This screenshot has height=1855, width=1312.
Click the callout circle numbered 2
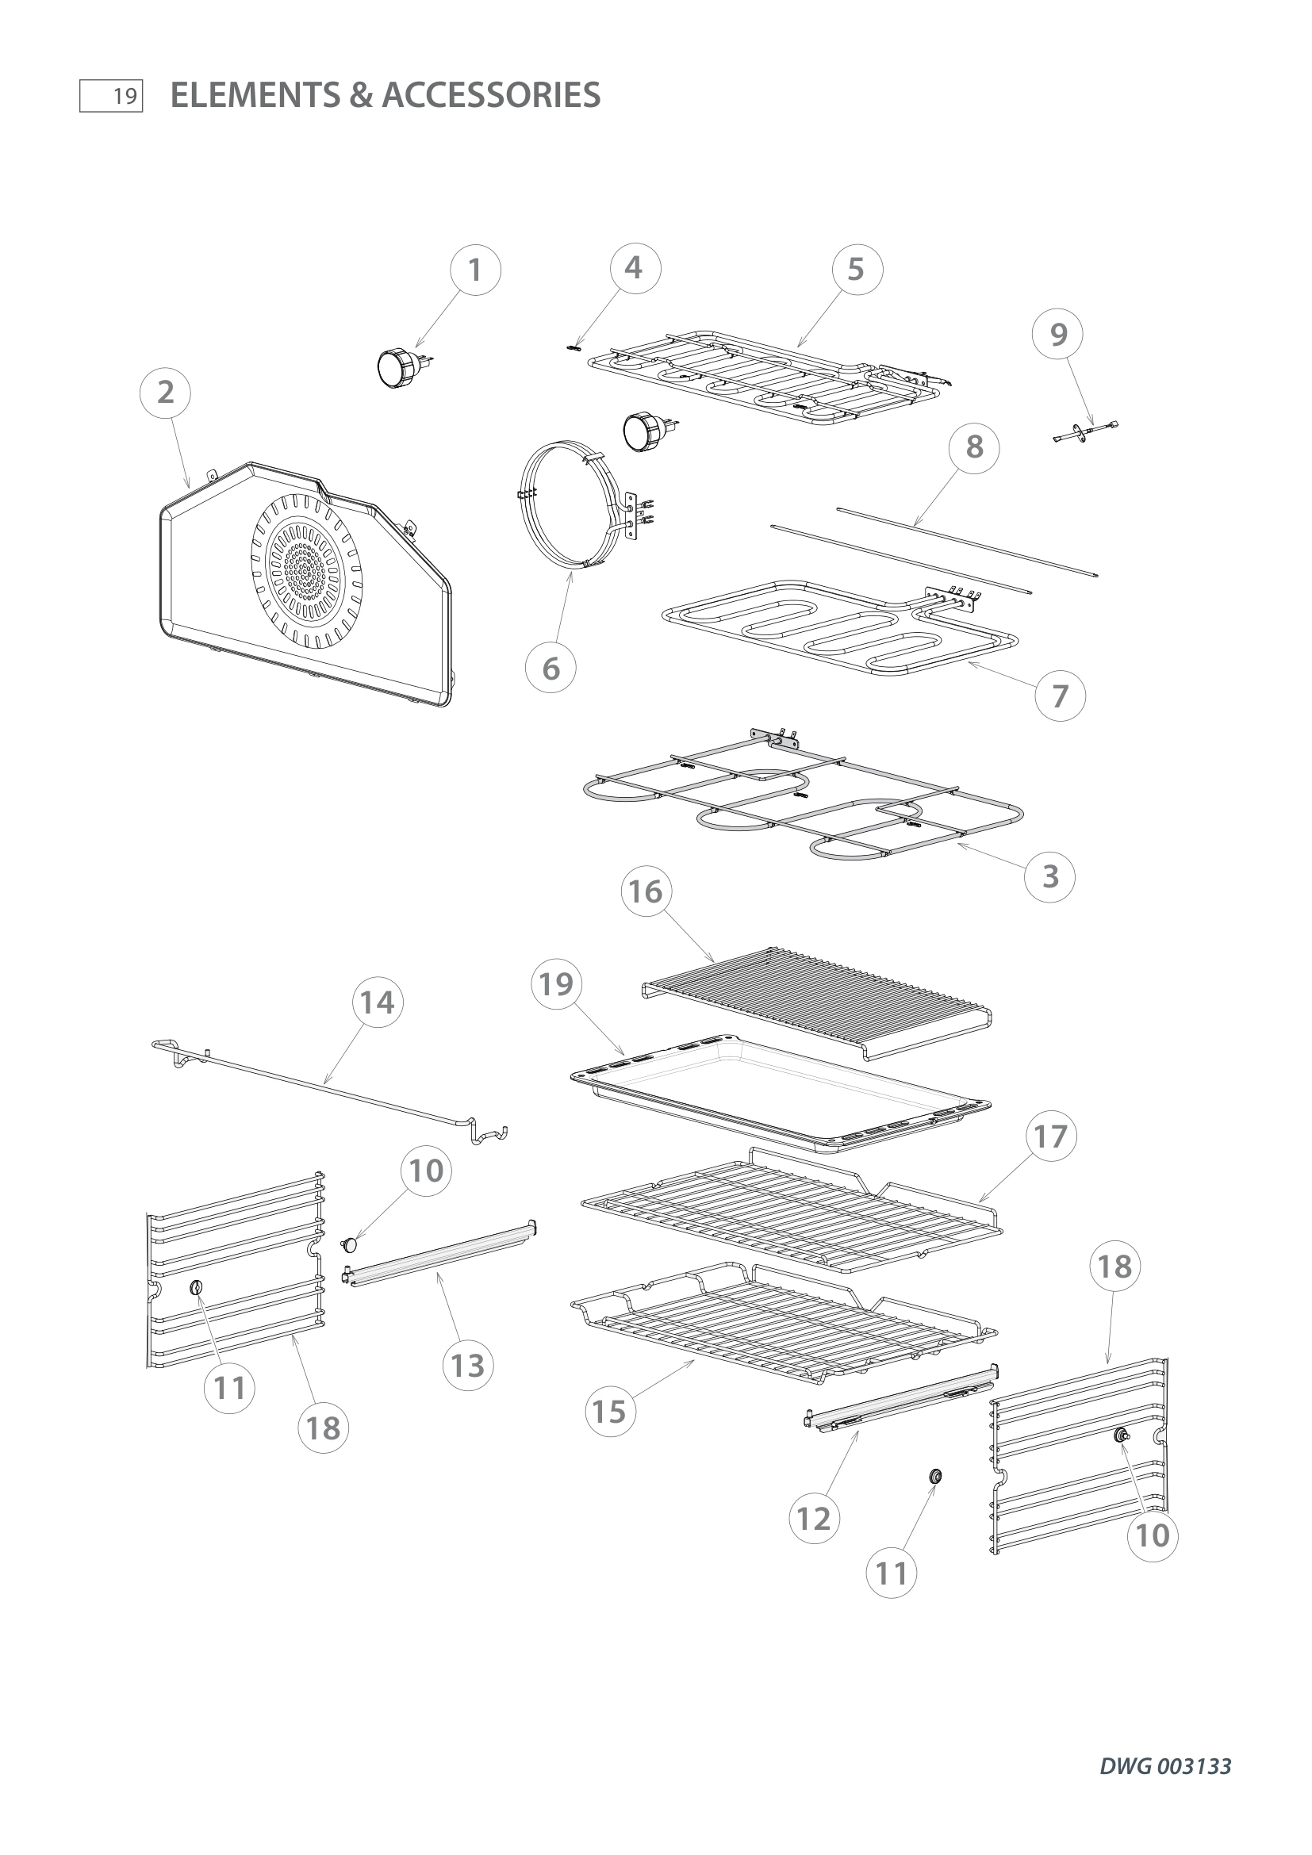[x=166, y=393]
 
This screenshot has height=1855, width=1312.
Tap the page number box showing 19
[x=112, y=97]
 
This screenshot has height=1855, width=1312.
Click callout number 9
[x=1058, y=335]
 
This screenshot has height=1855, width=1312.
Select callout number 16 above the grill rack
[x=646, y=892]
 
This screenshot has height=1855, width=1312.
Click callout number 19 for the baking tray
[x=557, y=984]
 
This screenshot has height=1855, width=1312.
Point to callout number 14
[x=378, y=1002]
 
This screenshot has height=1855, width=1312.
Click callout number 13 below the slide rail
[x=468, y=1366]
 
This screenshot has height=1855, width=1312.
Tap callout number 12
[x=814, y=1519]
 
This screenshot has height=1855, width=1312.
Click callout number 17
[x=1050, y=1136]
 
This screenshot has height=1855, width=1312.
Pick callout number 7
[x=1060, y=696]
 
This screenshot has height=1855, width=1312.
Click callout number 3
[x=1049, y=876]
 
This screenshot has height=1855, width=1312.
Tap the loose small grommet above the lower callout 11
[x=935, y=1476]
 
